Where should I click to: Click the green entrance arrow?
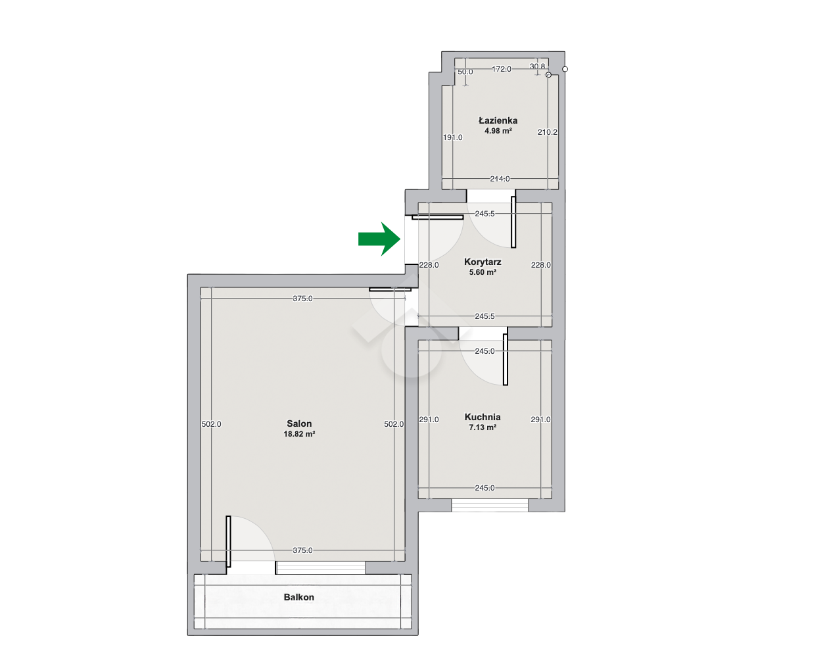point(379,239)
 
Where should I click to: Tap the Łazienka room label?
point(498,120)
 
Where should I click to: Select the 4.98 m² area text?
point(498,131)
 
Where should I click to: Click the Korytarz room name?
point(483,262)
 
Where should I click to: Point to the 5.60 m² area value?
point(483,272)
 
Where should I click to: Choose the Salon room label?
point(299,423)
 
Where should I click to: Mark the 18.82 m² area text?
point(299,434)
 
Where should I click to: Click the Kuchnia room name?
point(483,417)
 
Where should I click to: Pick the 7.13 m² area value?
point(483,427)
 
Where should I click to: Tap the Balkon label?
point(299,597)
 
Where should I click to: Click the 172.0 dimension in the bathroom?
point(502,69)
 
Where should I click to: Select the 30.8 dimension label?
point(537,66)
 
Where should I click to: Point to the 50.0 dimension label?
point(465,72)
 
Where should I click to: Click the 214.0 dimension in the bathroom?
point(500,179)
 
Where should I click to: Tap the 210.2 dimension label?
point(547,132)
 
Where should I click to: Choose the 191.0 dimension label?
point(453,137)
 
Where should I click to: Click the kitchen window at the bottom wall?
point(490,505)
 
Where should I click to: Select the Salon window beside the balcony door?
point(321,567)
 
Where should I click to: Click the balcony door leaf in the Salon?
point(228,541)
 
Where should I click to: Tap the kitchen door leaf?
point(506,359)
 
